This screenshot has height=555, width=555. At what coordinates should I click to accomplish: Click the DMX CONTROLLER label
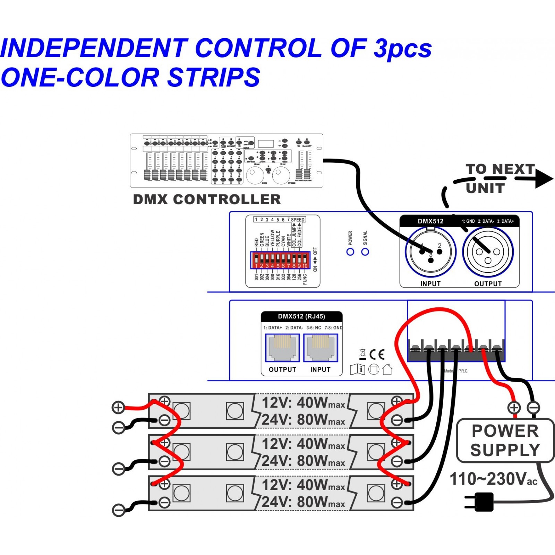pos(207,199)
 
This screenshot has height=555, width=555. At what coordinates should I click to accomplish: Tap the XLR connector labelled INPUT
pos(430,252)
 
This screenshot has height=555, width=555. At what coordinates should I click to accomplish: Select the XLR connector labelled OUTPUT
pos(488,252)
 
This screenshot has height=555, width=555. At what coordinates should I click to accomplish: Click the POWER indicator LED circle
pos(350,252)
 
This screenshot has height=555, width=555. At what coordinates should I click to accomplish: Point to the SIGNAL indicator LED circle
pos(365,252)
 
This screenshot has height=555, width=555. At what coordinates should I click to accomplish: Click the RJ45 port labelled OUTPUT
pos(282,348)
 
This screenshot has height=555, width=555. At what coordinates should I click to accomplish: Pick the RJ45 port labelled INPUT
pos(321,348)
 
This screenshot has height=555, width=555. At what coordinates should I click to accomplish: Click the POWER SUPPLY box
pos(505,441)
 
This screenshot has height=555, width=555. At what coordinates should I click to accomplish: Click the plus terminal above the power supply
pos(514,408)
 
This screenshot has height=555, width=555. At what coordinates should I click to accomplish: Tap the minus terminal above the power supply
pos(533,408)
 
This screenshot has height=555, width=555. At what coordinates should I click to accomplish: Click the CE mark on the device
pos(377,355)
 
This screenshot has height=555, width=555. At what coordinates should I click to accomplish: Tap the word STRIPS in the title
pos(214,77)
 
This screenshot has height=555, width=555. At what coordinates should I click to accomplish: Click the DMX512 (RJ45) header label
pos(301,316)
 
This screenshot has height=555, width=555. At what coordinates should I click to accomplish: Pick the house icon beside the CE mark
pos(387,369)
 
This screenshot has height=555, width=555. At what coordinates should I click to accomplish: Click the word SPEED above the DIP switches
pos(298,220)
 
